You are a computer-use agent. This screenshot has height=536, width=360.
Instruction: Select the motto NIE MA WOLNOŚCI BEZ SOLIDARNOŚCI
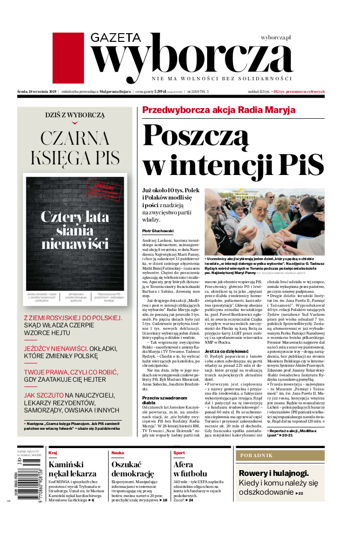(x=222, y=78)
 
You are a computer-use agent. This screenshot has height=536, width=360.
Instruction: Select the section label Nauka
(x=118, y=453)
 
